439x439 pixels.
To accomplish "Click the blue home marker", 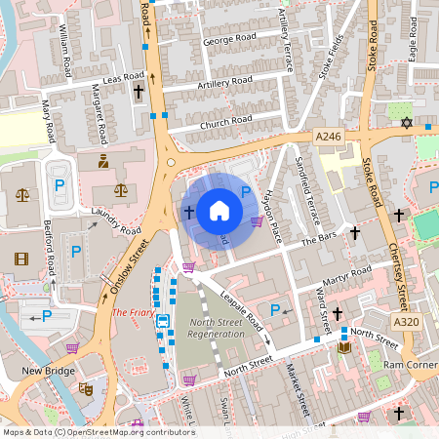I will tap(219, 211).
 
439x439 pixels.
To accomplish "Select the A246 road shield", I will tap(329, 139).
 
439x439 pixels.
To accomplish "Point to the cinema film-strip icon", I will tap(21, 259).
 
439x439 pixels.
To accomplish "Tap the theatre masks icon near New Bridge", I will tap(85, 387).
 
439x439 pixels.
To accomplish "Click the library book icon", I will tap(343, 347).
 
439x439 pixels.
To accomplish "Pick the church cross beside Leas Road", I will tap(138, 93).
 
